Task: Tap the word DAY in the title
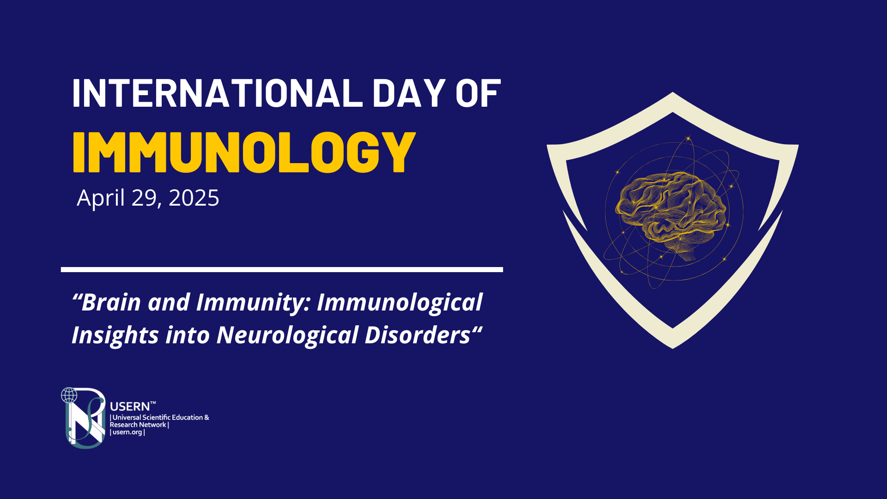click(x=409, y=93)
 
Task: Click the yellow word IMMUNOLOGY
click(x=244, y=152)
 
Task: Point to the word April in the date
click(x=101, y=199)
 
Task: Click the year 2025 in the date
click(x=194, y=198)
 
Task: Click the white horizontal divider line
click(x=282, y=269)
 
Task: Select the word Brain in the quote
click(x=111, y=303)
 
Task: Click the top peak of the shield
click(x=673, y=92)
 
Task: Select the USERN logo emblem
click(x=84, y=418)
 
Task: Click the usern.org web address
click(x=128, y=432)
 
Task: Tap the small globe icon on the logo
click(x=69, y=396)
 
